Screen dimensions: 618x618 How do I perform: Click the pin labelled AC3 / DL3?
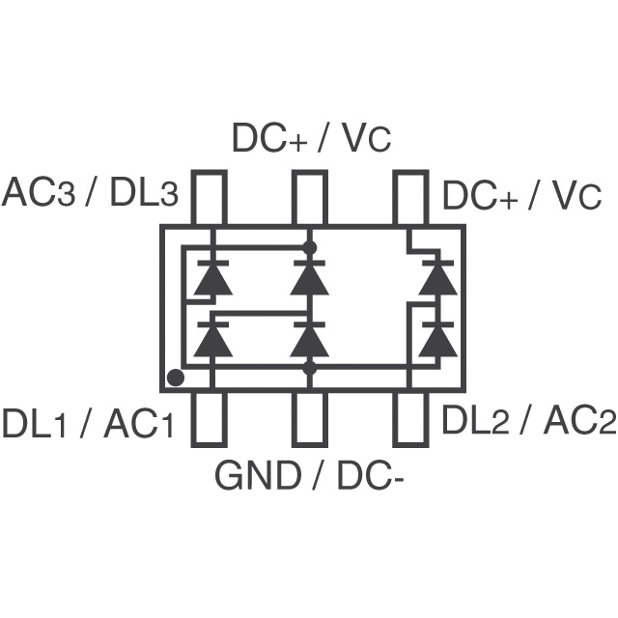[211, 199]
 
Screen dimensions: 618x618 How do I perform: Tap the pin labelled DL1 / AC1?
[211, 417]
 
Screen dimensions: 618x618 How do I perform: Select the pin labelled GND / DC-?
[310, 417]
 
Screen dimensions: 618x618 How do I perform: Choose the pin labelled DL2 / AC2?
[409, 417]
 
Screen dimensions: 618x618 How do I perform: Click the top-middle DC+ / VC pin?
[310, 199]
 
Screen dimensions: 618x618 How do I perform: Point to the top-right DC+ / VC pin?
[409, 199]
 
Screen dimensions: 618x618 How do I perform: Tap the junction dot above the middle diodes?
[310, 248]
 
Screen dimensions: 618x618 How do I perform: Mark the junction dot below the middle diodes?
[310, 368]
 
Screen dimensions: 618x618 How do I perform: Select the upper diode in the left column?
[211, 278]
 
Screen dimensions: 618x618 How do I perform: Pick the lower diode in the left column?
[211, 339]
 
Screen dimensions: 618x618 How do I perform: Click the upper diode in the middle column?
[310, 278]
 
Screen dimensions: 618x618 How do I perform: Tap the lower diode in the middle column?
[310, 339]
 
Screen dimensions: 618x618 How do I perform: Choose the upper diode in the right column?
[438, 277]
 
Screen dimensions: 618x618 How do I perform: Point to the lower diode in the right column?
[438, 339]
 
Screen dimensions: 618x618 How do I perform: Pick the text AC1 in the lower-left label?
[139, 423]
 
